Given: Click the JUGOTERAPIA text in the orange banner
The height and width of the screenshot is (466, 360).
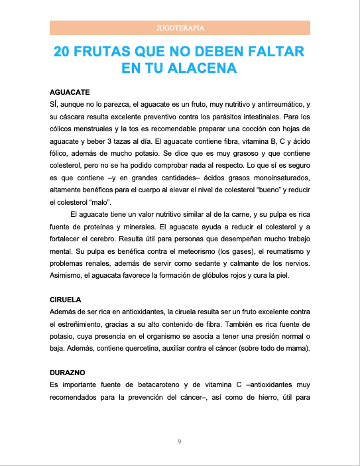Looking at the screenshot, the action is coord(180,29).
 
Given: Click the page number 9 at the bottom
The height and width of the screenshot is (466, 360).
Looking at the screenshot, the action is coord(180,441).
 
